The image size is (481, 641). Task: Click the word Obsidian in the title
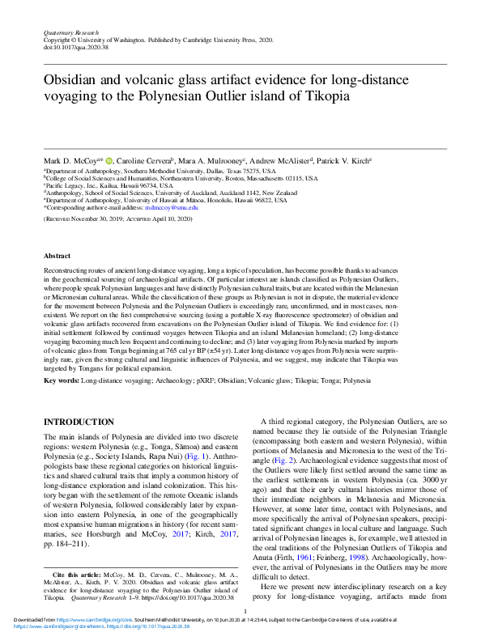click(x=72, y=79)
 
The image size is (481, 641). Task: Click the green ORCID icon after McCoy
click(x=109, y=162)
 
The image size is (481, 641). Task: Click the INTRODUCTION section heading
click(x=79, y=422)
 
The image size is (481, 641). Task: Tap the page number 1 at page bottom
click(x=244, y=613)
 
